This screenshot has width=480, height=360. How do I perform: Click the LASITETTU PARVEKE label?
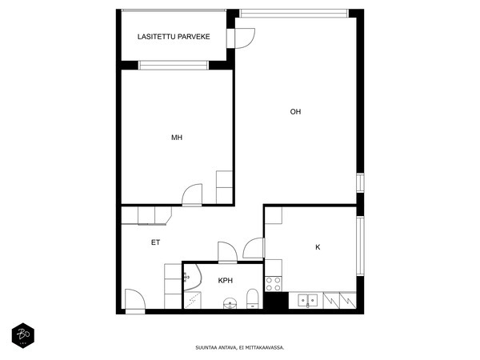coord(174,37)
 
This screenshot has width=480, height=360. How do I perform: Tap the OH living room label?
coord(295,112)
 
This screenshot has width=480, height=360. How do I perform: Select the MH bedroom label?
coord(177,138)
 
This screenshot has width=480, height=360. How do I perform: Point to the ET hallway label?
coord(155,242)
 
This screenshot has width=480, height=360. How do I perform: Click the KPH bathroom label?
coord(226,281)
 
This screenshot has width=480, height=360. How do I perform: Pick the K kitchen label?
coord(318,247)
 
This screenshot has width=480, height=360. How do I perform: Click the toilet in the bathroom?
coord(253,298)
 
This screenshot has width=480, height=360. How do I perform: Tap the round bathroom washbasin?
coord(230,303)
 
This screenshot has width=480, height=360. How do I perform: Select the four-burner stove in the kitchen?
coord(274,284)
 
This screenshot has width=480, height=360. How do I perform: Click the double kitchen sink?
coord(308,300)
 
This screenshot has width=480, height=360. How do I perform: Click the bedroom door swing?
coord(192,194)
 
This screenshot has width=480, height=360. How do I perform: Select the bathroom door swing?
coord(227,252)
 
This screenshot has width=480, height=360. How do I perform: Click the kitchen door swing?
coord(254,248)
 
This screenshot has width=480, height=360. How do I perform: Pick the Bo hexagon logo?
coord(23,335)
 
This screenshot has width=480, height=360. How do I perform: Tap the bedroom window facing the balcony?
coord(174,66)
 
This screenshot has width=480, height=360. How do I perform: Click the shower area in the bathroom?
coord(193,300)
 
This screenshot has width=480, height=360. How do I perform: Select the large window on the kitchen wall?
coord(360,246)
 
